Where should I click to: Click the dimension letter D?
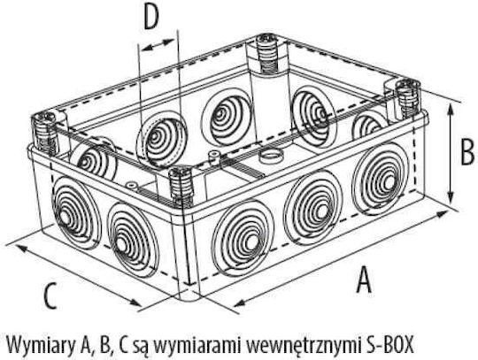151,18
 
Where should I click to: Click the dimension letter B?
467,151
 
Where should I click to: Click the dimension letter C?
50,296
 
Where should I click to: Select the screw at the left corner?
45,134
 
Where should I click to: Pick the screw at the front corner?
181,186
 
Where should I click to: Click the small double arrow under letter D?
158,45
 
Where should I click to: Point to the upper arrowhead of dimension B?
451,111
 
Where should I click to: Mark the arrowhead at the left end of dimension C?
20,249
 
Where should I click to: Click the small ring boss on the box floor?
269,157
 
